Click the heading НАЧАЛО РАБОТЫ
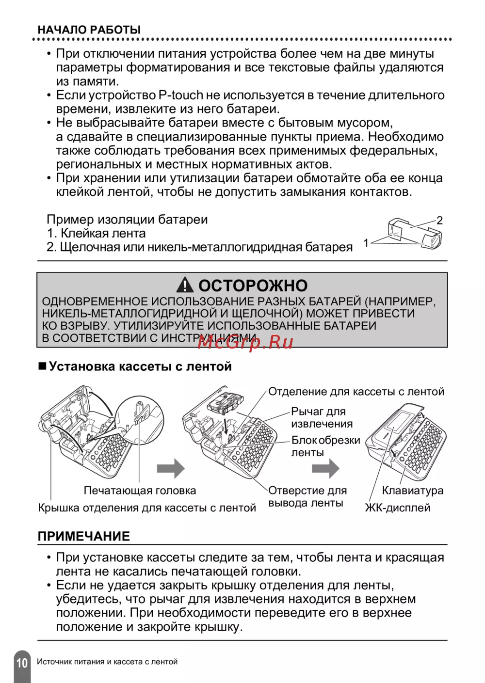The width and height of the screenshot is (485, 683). [89, 30]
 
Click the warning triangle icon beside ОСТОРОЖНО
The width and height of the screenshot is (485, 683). [185, 286]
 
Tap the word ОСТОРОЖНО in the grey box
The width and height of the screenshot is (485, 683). [253, 286]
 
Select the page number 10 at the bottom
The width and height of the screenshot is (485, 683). [22, 663]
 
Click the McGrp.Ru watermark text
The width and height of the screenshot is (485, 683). [245, 342]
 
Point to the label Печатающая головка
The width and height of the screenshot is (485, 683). [140, 491]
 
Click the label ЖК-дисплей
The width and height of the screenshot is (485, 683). [397, 508]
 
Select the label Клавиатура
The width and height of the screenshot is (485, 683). [412, 491]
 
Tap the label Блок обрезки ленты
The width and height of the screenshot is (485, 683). [325, 446]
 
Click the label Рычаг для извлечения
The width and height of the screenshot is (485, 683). [322, 417]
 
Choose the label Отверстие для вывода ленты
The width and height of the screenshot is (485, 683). [307, 496]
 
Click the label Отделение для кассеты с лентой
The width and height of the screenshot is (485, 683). [356, 392]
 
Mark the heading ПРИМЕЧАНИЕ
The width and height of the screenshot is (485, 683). [84, 537]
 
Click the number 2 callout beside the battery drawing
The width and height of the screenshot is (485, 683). [439, 220]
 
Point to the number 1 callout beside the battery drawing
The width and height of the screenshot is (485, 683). [366, 242]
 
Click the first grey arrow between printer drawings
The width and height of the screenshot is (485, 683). [171, 469]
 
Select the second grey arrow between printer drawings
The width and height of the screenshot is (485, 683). [325, 469]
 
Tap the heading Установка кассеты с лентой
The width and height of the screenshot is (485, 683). [140, 366]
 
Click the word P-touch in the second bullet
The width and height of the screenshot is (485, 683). [180, 95]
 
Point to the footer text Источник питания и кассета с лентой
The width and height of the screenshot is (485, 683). [107, 662]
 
